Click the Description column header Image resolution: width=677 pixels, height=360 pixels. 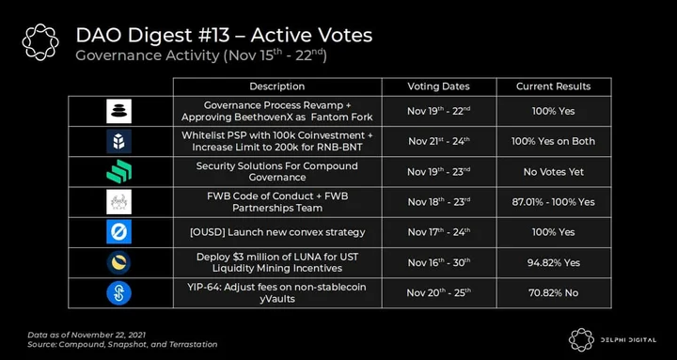pyautogui.click(x=276, y=86)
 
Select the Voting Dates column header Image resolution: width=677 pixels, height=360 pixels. pyautogui.click(x=438, y=86)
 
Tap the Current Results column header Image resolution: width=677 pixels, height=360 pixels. pyautogui.click(x=553, y=86)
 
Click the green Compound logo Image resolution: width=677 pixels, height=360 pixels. pyautogui.click(x=118, y=171)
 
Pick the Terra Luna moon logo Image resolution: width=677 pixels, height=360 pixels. pyautogui.click(x=118, y=262)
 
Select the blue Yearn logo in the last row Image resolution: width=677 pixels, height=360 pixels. pyautogui.click(x=118, y=292)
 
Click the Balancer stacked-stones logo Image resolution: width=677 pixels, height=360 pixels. pyautogui.click(x=118, y=111)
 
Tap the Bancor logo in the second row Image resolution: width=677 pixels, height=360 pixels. pyautogui.click(x=118, y=141)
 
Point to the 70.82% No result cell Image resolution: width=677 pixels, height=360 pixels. pyautogui.click(x=553, y=293)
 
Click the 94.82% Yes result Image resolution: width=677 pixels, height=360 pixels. pyautogui.click(x=553, y=263)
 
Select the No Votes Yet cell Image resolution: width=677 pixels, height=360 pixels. pyautogui.click(x=553, y=172)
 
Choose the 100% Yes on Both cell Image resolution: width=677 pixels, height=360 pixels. pyautogui.click(x=553, y=142)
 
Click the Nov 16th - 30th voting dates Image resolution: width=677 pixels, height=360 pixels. pyautogui.click(x=438, y=262)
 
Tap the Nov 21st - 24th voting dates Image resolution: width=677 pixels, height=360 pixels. pyautogui.click(x=438, y=141)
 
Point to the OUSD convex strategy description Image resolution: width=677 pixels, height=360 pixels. pyautogui.click(x=277, y=232)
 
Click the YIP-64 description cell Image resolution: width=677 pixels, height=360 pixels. pyautogui.click(x=277, y=292)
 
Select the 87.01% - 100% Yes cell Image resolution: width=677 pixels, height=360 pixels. pyautogui.click(x=553, y=202)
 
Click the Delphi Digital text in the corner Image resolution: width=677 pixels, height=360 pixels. pyautogui.click(x=628, y=340)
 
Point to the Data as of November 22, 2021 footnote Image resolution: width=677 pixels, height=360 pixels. pyautogui.click(x=87, y=335)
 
